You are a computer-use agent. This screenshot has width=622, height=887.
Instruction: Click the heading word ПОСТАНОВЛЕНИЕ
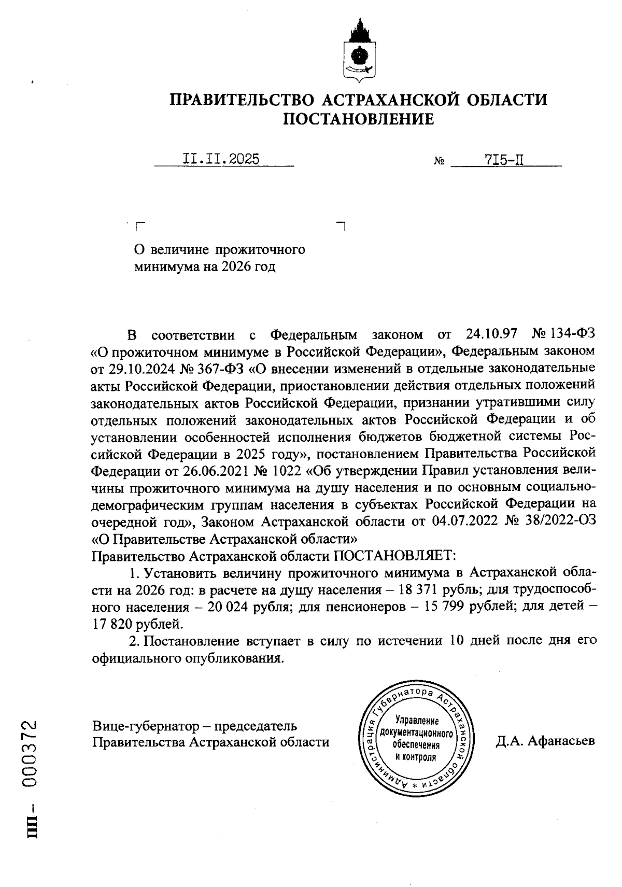[358, 120]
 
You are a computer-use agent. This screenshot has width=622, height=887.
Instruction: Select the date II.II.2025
[221, 159]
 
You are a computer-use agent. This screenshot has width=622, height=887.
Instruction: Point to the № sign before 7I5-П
[439, 161]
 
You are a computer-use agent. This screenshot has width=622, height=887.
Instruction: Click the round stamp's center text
[417, 739]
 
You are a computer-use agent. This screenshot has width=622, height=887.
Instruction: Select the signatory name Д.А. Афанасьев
[545, 741]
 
